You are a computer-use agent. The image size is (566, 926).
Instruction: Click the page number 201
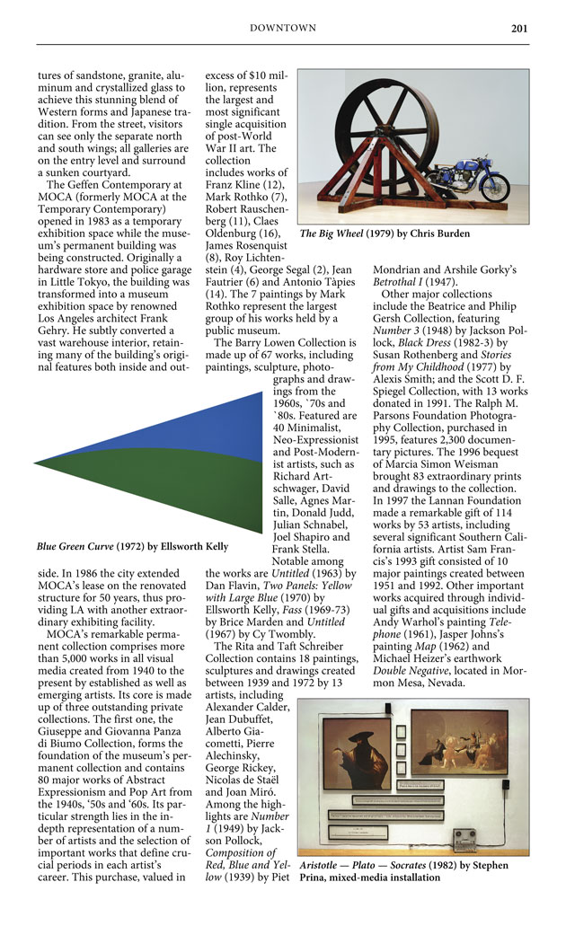pyautogui.click(x=518, y=28)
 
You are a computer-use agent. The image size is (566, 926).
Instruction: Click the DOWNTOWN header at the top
pyautogui.click(x=282, y=28)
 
